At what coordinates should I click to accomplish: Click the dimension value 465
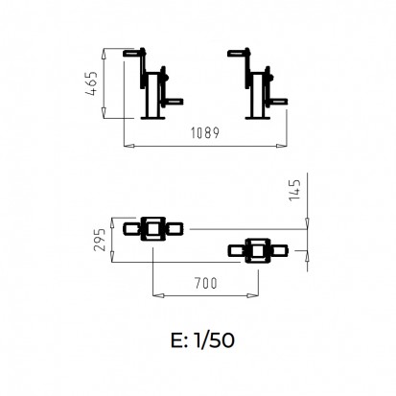(x=92, y=83)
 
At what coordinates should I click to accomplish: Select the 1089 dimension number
(x=205, y=132)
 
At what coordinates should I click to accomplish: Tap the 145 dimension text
(x=294, y=190)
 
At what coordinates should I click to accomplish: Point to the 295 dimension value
(x=100, y=240)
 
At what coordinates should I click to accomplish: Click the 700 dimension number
(x=206, y=283)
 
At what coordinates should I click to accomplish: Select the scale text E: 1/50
(x=202, y=340)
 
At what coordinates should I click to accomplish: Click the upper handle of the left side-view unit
(x=133, y=53)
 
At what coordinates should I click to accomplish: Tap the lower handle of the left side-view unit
(x=174, y=102)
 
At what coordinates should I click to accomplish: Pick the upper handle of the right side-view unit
(x=238, y=53)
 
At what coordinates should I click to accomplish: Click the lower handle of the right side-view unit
(x=278, y=102)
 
